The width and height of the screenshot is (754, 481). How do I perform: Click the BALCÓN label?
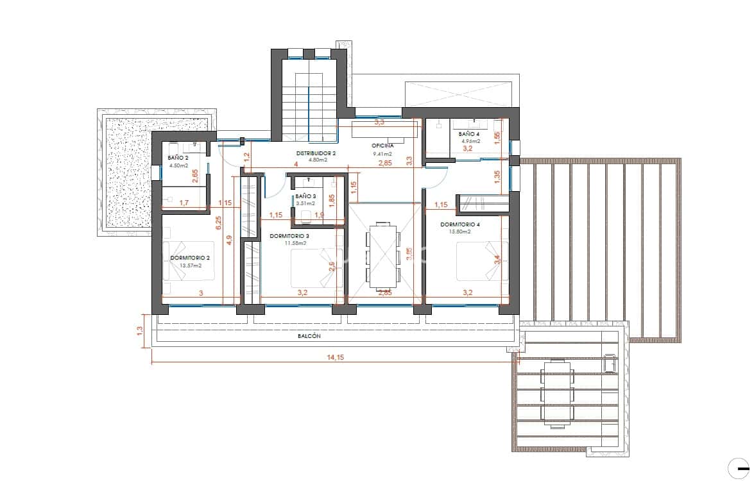pyautogui.click(x=309, y=335)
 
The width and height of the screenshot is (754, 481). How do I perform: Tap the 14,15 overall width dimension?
pyautogui.click(x=335, y=357)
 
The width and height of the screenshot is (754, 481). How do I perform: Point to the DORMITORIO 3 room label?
pyautogui.click(x=289, y=236)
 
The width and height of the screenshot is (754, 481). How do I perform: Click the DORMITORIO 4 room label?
pyautogui.click(x=460, y=225)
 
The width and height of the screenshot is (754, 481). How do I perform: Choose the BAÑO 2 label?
pyautogui.click(x=177, y=157)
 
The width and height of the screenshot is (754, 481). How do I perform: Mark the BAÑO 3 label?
pyautogui.click(x=305, y=197)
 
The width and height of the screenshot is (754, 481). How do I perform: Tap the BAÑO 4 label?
pyautogui.click(x=469, y=134)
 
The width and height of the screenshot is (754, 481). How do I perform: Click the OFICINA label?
pyautogui.click(x=382, y=146)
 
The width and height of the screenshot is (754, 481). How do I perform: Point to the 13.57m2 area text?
pyautogui.click(x=191, y=266)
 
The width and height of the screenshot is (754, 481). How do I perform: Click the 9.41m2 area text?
pyautogui.click(x=382, y=154)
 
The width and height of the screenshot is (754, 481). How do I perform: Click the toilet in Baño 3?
pyautogui.click(x=306, y=215)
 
